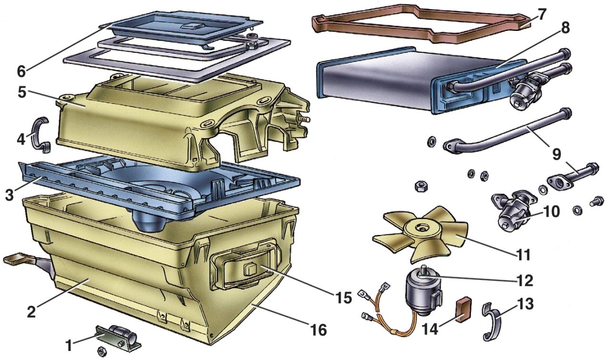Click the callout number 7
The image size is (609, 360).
541,14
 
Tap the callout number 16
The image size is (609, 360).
319,330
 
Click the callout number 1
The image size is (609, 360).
69,346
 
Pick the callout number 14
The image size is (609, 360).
431,329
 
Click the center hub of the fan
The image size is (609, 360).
421,228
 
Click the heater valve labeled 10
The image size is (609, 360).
511,212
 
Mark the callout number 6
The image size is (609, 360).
21,71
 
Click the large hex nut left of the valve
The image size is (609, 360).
421,187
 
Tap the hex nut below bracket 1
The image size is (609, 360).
102,352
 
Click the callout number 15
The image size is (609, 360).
344,298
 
